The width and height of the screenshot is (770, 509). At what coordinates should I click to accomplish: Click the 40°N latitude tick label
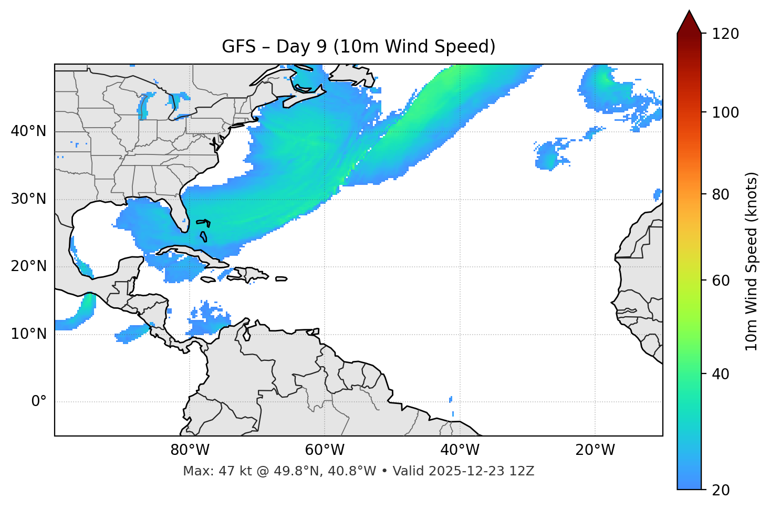[28, 131]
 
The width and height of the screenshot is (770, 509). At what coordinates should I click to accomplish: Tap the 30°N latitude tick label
[28, 199]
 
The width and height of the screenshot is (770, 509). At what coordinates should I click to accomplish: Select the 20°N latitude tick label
[28, 266]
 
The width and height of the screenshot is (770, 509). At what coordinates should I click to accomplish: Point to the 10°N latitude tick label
[28, 334]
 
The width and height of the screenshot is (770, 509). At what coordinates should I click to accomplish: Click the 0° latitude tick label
[39, 402]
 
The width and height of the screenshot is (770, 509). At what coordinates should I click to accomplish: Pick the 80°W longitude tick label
[190, 450]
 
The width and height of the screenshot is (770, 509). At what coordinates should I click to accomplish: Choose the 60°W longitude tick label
[325, 450]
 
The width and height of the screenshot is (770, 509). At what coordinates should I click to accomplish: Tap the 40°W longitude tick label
[460, 450]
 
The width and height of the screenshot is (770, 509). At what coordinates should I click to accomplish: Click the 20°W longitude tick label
[595, 450]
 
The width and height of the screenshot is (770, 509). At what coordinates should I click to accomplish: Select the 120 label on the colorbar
[725, 34]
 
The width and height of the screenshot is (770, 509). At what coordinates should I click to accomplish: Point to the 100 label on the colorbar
[725, 112]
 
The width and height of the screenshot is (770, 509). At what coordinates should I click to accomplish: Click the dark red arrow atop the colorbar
[689, 22]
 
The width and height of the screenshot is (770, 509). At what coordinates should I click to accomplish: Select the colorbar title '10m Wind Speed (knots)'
[752, 262]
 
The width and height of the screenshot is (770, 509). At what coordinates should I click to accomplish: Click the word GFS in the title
[238, 47]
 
